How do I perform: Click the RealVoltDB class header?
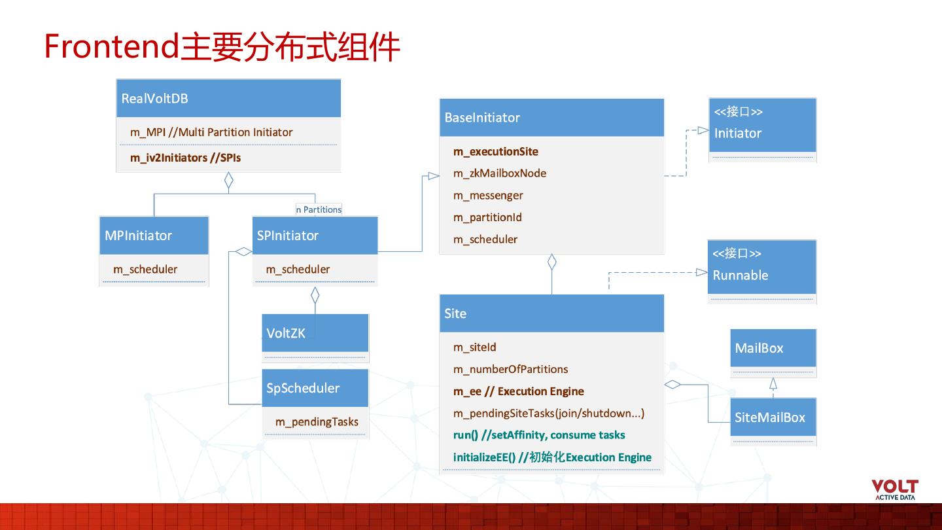228,99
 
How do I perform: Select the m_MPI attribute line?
211,132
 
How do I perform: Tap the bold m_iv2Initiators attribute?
185,158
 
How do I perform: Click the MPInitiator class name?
139,236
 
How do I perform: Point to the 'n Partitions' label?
319,209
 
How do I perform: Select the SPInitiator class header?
315,236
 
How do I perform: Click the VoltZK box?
315,333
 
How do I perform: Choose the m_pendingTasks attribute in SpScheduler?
317,422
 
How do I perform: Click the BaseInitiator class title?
551,118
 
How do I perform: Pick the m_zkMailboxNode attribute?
500,173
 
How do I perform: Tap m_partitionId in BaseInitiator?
487,217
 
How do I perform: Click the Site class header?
551,313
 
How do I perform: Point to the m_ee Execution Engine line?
519,391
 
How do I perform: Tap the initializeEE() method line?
552,457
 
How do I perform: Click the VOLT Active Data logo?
895,489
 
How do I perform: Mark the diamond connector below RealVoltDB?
228,181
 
